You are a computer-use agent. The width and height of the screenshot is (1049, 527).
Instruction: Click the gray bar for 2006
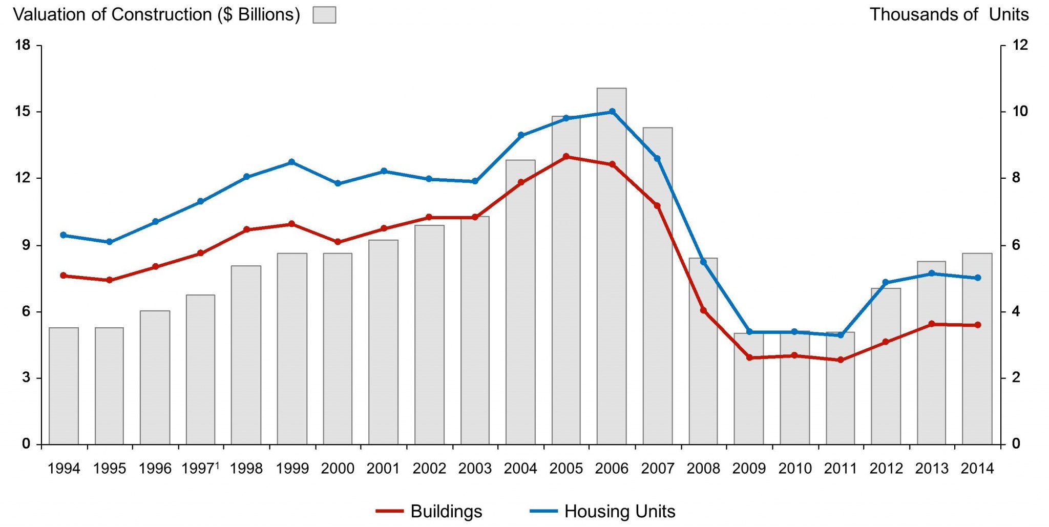pyautogui.click(x=612, y=266)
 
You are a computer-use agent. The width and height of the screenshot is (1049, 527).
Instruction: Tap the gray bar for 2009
pyautogui.click(x=749, y=389)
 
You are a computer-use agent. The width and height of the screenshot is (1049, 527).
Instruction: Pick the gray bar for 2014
pyautogui.click(x=977, y=348)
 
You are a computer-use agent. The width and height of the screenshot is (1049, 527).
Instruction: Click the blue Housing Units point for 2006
pyautogui.click(x=612, y=112)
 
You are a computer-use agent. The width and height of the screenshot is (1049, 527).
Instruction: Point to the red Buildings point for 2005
pyautogui.click(x=566, y=157)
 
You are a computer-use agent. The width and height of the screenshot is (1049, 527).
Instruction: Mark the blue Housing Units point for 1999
pyautogui.click(x=292, y=162)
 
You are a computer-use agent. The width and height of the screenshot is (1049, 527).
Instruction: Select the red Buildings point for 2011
pyautogui.click(x=841, y=360)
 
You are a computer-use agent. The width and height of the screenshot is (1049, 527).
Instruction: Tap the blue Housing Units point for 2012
pyautogui.click(x=886, y=282)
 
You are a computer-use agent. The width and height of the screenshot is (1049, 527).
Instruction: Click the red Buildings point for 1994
pyautogui.click(x=64, y=276)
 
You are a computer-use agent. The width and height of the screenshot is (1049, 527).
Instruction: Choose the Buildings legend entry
pyautogui.click(x=429, y=511)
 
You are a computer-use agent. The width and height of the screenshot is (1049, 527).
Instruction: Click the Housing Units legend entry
pyautogui.click(x=603, y=511)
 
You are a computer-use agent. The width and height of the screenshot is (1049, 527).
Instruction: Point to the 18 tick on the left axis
pyautogui.click(x=23, y=45)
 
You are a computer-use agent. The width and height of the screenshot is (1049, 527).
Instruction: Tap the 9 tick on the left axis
pyautogui.click(x=26, y=245)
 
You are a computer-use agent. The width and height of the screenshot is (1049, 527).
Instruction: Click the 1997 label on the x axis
pyautogui.click(x=199, y=468)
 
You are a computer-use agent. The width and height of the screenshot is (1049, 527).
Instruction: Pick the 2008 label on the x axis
pyautogui.click(x=703, y=468)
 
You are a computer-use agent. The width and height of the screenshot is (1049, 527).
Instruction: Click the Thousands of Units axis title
pyautogui.click(x=949, y=14)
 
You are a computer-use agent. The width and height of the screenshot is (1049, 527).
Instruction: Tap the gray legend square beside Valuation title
pyautogui.click(x=324, y=15)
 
